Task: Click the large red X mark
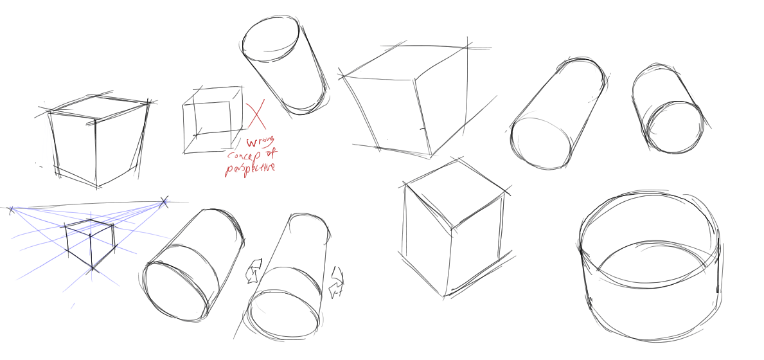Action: [x=256, y=115]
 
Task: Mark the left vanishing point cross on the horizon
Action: [x=12, y=210]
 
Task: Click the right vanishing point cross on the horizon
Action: [x=164, y=202]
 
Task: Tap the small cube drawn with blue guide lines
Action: [x=91, y=244]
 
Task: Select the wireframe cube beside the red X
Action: [x=213, y=120]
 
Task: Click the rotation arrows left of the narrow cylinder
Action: [x=254, y=271]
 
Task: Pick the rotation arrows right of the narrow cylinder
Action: [x=337, y=282]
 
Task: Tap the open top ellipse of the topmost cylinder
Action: [x=271, y=39]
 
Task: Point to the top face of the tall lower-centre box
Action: [x=454, y=195]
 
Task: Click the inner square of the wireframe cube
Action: [x=213, y=118]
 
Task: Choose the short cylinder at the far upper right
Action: [x=668, y=109]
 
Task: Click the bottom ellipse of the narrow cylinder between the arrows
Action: [x=284, y=314]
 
